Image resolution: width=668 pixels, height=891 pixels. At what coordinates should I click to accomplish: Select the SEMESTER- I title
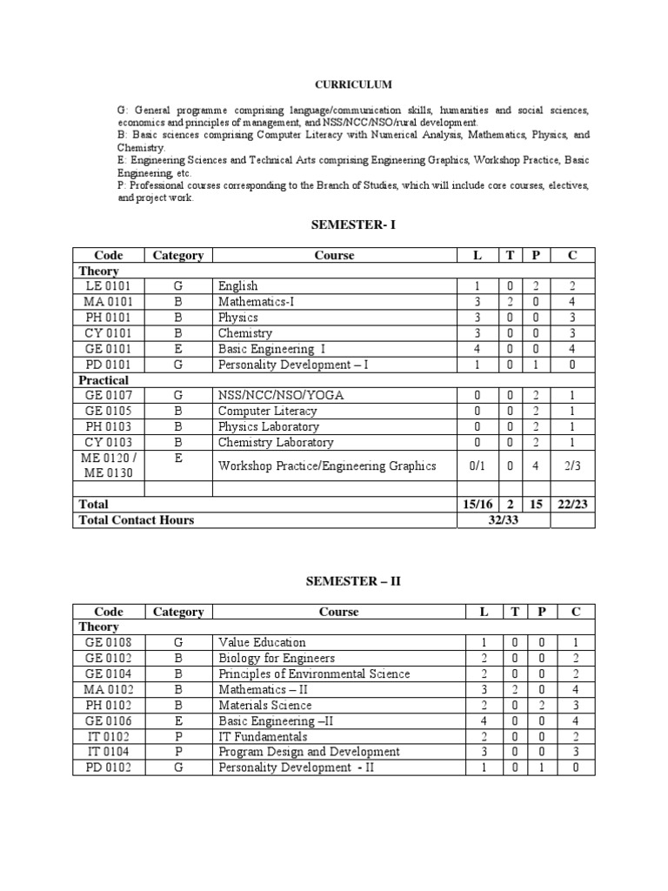(x=352, y=224)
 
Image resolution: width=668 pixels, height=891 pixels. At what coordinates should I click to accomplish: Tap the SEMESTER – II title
(x=352, y=581)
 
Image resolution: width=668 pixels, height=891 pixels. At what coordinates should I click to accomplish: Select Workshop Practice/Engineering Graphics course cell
(x=327, y=466)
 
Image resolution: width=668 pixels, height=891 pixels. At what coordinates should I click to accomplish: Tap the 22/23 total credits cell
(x=574, y=505)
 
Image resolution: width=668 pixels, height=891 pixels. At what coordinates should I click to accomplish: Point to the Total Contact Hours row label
(x=137, y=520)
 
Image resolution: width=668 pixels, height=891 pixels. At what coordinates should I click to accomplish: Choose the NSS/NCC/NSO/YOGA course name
(x=281, y=396)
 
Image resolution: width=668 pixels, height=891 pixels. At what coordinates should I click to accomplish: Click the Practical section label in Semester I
(x=104, y=380)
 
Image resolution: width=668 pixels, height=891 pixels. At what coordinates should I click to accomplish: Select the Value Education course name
(x=262, y=642)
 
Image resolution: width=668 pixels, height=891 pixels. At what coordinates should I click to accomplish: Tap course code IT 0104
(x=108, y=752)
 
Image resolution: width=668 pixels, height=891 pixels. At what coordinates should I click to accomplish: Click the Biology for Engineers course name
(x=277, y=658)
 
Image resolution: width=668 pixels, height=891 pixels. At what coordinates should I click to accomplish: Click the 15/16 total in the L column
(x=477, y=505)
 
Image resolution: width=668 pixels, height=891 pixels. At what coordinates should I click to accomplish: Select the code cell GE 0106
(x=108, y=720)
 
